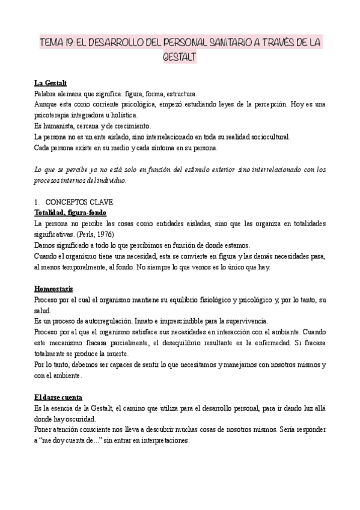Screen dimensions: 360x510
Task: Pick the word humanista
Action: click(61, 126)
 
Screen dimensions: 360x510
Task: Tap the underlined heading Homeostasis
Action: click(54, 289)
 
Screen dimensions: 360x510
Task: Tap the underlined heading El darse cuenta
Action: click(63, 398)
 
